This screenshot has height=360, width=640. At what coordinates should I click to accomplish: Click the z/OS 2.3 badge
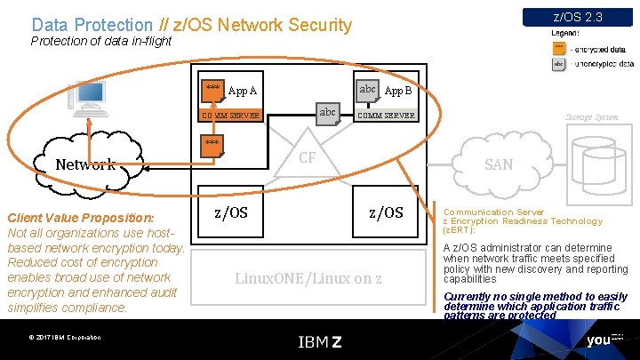[x=577, y=17]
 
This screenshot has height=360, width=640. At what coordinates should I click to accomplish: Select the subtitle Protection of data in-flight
[x=100, y=42]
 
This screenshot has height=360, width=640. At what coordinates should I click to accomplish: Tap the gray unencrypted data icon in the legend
[x=558, y=64]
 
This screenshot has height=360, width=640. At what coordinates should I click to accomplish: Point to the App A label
[x=243, y=91]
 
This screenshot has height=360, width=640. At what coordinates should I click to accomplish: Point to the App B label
[x=397, y=91]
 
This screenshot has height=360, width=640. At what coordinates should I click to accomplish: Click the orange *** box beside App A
[x=212, y=89]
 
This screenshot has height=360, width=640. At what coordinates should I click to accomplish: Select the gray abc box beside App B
[x=367, y=89]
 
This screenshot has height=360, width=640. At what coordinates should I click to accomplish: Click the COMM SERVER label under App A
[x=230, y=116]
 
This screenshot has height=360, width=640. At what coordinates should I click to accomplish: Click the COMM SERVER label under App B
[x=385, y=116]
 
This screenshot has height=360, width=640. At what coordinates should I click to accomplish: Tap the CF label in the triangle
[x=308, y=157]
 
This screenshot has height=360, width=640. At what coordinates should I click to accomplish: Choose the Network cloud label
[x=85, y=164]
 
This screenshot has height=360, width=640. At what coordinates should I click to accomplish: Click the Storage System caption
[x=592, y=116]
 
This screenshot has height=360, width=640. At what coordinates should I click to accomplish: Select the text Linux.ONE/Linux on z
[x=308, y=278]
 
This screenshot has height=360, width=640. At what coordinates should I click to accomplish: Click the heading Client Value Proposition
[x=80, y=218]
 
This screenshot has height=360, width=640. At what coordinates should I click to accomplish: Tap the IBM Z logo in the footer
[x=319, y=341]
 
